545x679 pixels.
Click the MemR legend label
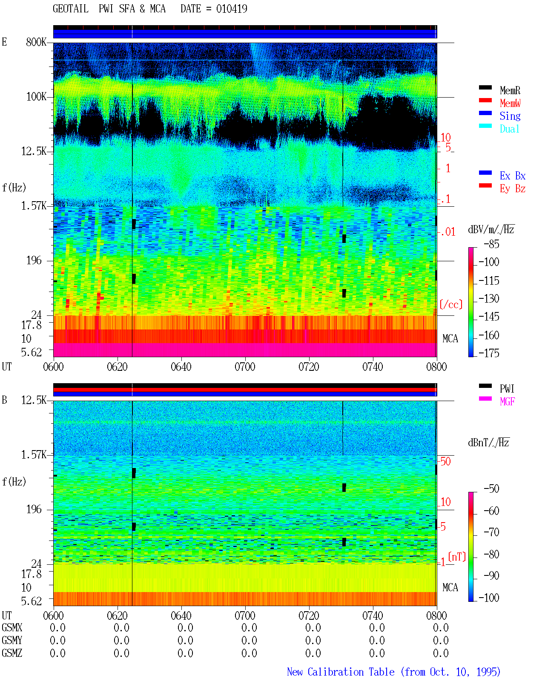[510, 90]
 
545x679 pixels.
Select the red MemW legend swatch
[485, 100]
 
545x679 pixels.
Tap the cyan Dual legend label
[509, 129]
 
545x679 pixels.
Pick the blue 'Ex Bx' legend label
[512, 176]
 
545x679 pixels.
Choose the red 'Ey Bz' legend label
[512, 189]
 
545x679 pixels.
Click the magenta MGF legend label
[507, 402]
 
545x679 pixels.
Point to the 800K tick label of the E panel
[36, 42]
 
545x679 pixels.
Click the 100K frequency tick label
[36, 97]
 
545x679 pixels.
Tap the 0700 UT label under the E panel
[245, 367]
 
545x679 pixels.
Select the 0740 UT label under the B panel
[373, 615]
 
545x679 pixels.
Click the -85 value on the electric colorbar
[491, 244]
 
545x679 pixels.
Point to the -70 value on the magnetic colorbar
[491, 532]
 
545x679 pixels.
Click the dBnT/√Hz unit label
[488, 443]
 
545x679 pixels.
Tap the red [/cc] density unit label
[451, 304]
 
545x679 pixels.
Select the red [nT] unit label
[457, 556]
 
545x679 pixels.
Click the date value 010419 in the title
[232, 9]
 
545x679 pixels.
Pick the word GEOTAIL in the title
[71, 9]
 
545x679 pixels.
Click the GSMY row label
[12, 640]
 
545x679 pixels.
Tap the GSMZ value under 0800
[441, 653]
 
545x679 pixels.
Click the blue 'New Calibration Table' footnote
[341, 672]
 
